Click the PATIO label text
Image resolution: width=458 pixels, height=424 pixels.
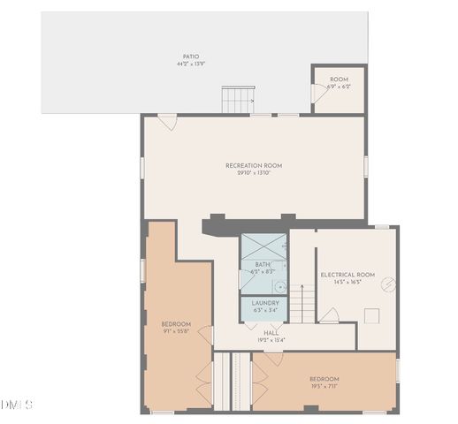[x=191, y=56]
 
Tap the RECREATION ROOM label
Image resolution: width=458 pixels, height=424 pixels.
[x=253, y=165]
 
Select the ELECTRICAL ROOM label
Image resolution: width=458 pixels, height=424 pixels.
[x=347, y=275]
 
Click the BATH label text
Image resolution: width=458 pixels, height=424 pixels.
[x=263, y=264]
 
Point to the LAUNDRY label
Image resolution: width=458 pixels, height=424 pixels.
[x=265, y=303]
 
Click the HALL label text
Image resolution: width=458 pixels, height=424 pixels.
[x=271, y=333]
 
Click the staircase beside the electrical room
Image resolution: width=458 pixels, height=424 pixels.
[x=304, y=306]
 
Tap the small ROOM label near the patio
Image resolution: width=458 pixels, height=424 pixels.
[x=339, y=79]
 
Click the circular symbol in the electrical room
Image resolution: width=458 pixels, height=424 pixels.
[x=385, y=286]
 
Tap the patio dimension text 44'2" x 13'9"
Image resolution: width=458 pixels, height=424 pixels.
[x=191, y=64]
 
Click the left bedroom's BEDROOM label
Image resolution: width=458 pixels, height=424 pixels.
[x=176, y=324]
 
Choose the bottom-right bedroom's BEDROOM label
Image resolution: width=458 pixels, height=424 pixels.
[x=324, y=379]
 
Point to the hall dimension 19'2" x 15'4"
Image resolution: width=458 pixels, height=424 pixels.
[x=271, y=340]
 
